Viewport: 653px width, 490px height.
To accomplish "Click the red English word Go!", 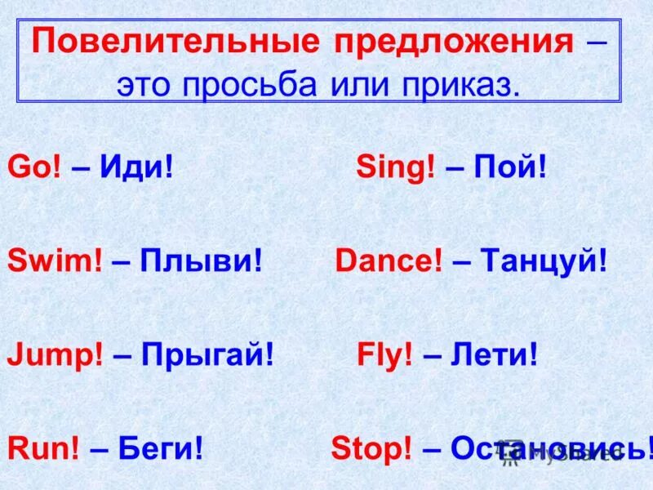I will (x=30, y=168).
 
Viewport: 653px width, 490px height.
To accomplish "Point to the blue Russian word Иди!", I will (x=136, y=168).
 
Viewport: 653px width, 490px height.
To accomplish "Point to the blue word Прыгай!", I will (x=207, y=356).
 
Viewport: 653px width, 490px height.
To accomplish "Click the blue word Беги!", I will (x=160, y=448).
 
